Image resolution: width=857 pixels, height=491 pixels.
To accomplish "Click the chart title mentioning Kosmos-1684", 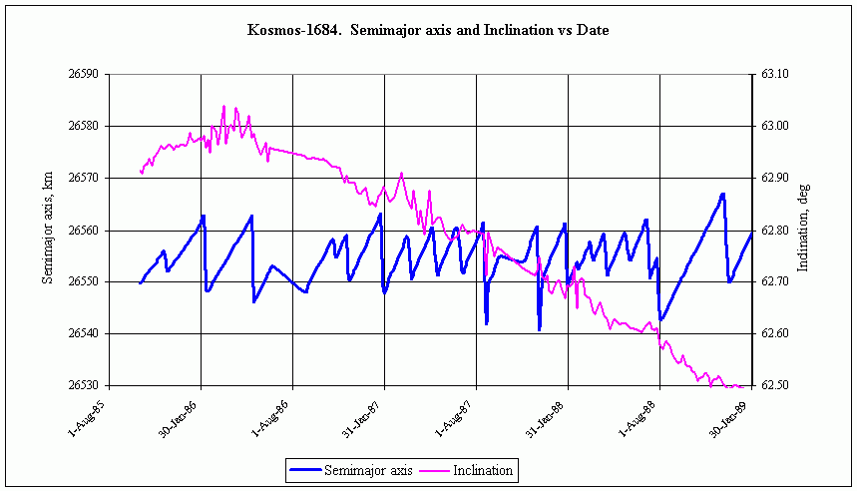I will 427,30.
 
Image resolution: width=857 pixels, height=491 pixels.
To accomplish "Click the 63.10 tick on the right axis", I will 775,74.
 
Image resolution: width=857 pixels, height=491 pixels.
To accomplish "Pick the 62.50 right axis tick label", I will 775,385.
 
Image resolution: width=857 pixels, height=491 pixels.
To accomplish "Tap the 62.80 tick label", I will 775,230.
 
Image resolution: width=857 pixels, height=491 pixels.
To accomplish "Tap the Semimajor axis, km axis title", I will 47,230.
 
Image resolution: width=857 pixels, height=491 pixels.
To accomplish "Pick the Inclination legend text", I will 483,469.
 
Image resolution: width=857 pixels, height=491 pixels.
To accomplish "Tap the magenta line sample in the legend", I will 435,469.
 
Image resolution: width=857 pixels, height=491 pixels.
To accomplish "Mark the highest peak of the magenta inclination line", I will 223,106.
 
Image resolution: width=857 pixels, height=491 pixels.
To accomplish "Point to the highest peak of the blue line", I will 722,194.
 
